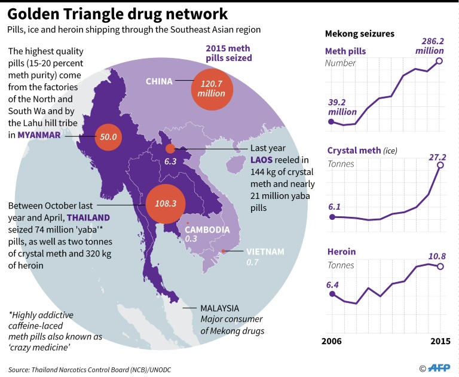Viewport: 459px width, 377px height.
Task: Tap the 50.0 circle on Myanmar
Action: click(109, 137)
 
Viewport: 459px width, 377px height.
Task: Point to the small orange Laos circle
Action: click(170, 148)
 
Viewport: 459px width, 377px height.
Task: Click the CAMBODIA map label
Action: click(207, 229)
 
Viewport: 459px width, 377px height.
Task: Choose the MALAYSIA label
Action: click(220, 308)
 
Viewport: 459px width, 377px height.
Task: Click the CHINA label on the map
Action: click(159, 81)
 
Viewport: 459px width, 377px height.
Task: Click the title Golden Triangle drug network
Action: click(117, 13)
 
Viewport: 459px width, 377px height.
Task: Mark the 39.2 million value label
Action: click(342, 107)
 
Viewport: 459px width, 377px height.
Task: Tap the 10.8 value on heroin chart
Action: click(436, 257)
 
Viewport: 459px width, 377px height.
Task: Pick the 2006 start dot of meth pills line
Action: click(331, 121)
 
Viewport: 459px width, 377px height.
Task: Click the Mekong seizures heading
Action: click(359, 33)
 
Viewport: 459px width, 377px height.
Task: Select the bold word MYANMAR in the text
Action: click(39, 135)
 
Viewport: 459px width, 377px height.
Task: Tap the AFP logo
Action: click(439, 369)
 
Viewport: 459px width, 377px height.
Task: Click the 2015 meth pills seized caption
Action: click(228, 53)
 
